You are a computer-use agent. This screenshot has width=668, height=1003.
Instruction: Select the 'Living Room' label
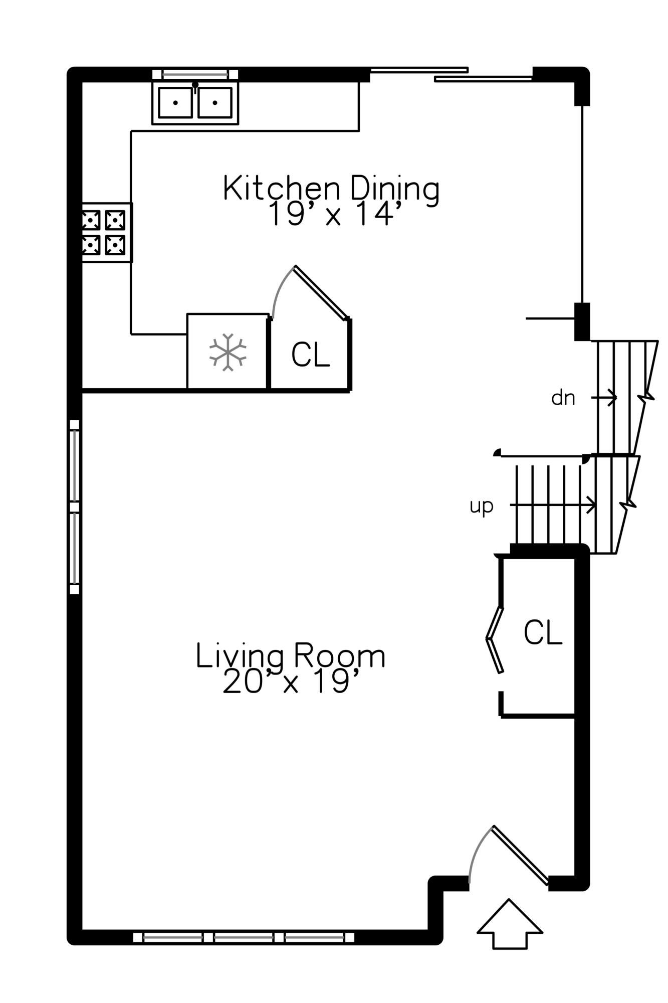pos(291,655)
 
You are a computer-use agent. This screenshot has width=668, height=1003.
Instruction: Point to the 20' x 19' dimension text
pos(293,681)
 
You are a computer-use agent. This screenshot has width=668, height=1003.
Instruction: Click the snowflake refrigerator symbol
pos(228,352)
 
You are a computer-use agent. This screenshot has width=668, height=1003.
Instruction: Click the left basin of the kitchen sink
pos(175,103)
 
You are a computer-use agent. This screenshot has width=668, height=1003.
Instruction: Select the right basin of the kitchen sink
pos(215,103)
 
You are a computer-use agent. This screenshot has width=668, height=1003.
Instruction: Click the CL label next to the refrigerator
pos(310,355)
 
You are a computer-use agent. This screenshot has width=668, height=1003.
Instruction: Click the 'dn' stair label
pos(563,398)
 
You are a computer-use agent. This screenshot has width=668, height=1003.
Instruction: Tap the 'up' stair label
pos(482,507)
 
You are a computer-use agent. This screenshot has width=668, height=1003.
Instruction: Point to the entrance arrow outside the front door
pos(510,923)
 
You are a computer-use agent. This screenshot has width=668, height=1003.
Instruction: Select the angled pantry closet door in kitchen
pos(321,292)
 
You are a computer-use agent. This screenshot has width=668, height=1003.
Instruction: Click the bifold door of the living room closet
pos(495,639)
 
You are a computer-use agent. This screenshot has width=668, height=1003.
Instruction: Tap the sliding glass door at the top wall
pos(451,74)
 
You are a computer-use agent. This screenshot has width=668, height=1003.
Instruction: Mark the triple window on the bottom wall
pos(244,937)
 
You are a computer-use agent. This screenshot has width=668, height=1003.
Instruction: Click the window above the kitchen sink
pos(195,74)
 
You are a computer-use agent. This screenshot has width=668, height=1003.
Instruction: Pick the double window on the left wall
pos(75,507)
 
